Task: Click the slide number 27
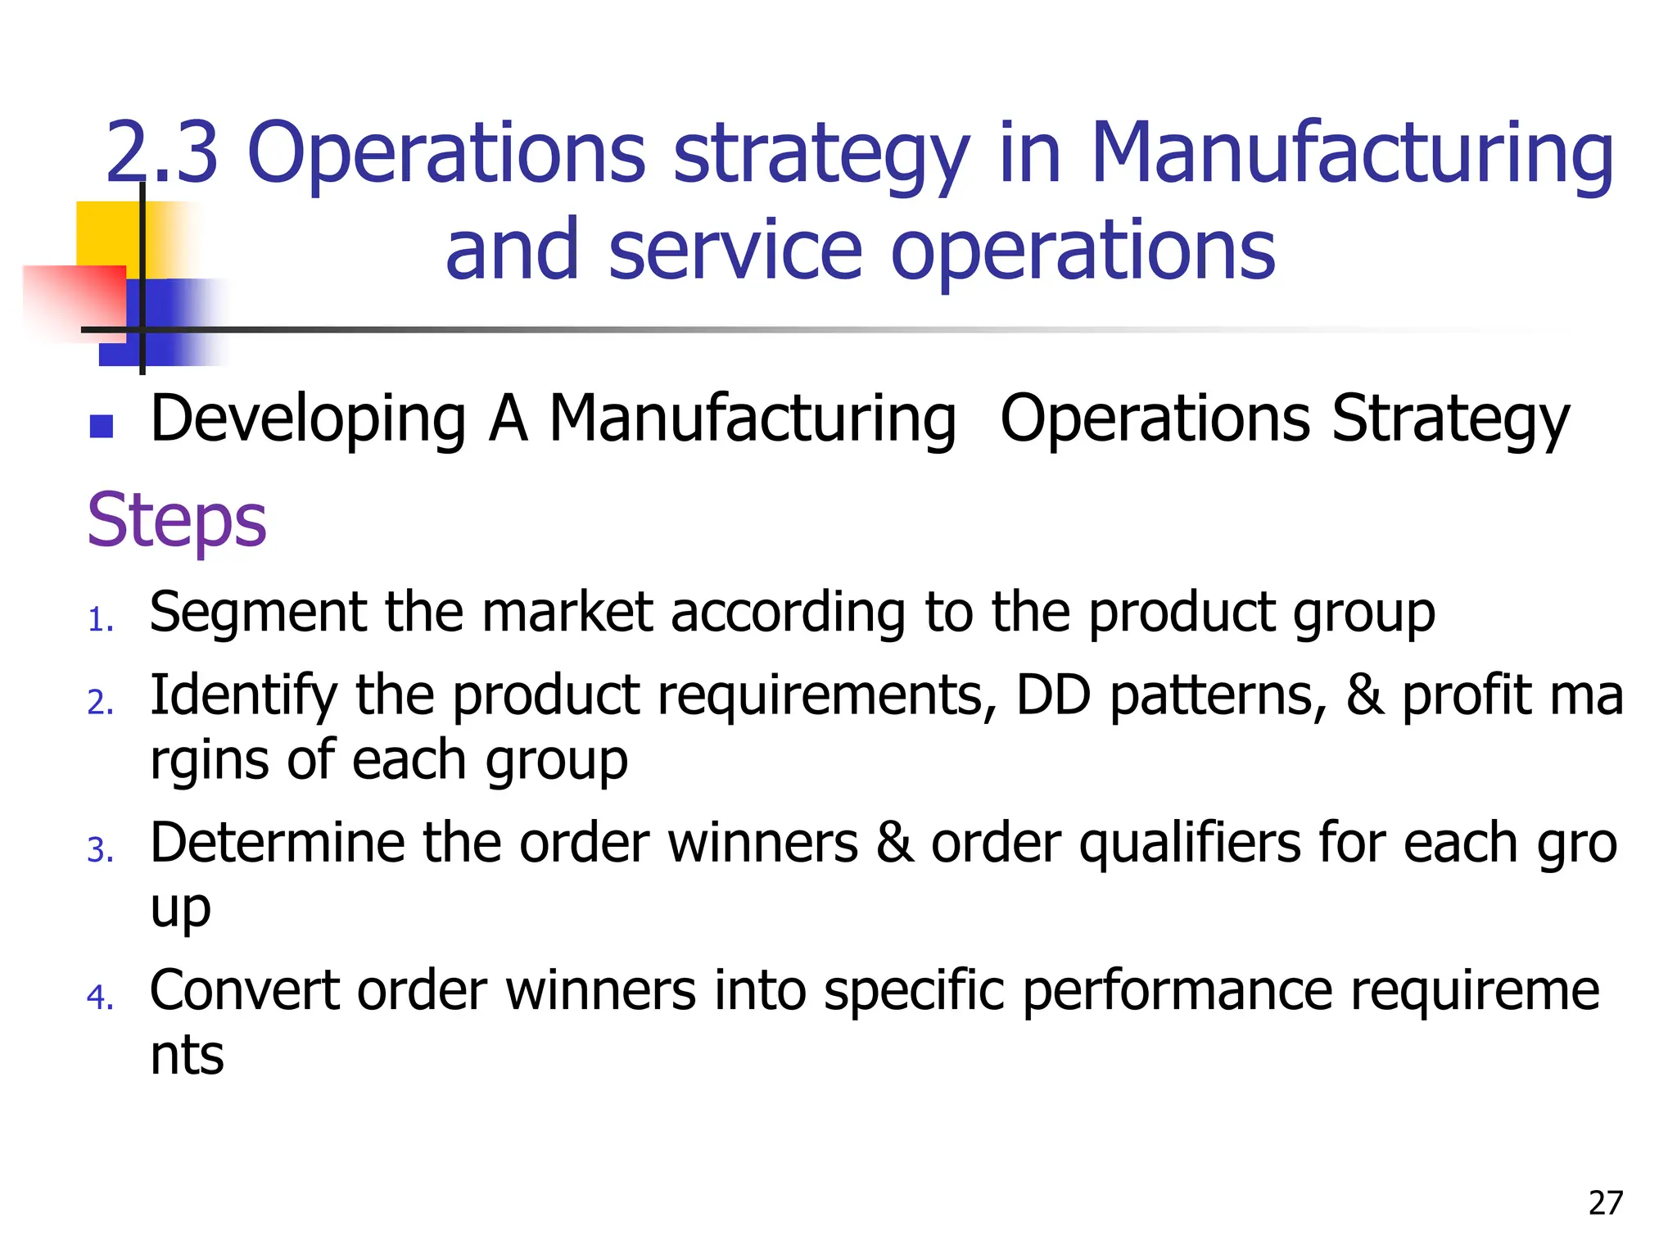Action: (1605, 1203)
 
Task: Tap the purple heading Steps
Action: (177, 521)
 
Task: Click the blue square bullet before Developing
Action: (102, 426)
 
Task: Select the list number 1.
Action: (100, 621)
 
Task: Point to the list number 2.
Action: (100, 703)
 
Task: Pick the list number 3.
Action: (100, 850)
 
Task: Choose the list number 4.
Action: (100, 998)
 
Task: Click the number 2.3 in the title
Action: (162, 152)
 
